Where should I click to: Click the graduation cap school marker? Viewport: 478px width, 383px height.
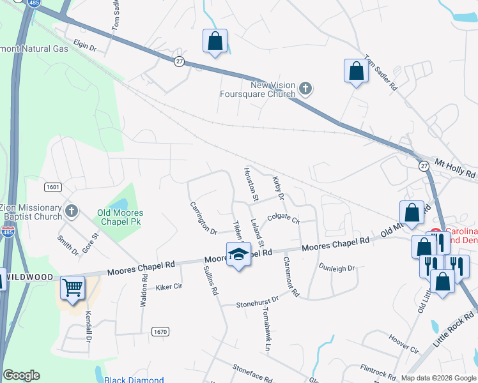[238, 254]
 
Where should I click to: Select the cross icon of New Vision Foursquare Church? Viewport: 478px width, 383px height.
[305, 88]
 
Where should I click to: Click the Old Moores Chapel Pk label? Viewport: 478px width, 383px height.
[120, 217]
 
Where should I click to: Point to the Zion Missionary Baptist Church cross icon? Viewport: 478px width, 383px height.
[72, 210]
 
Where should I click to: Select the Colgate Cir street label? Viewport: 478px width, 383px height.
[284, 218]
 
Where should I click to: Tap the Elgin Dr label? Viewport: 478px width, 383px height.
[84, 47]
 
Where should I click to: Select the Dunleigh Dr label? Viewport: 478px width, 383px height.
[337, 269]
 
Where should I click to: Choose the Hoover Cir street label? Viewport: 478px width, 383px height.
[403, 345]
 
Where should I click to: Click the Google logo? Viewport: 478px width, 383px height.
[21, 375]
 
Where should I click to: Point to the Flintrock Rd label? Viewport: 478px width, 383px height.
[380, 369]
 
